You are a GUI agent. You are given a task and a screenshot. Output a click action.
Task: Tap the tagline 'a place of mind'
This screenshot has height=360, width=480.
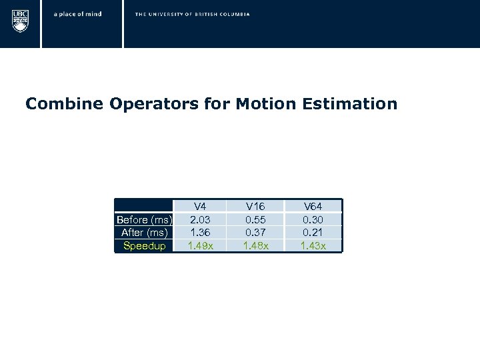pos(77,14)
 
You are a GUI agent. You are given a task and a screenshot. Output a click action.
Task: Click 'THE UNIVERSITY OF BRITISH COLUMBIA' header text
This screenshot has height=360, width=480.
pos(192,14)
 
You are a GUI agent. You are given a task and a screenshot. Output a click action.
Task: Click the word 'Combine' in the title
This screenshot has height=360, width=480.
pos(55,104)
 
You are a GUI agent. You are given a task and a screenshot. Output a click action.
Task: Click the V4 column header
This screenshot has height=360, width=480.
pos(199,207)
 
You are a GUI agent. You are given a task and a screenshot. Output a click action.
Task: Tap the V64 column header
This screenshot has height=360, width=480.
pos(313,207)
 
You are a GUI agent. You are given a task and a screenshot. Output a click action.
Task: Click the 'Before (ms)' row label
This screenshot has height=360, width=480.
pos(144,219)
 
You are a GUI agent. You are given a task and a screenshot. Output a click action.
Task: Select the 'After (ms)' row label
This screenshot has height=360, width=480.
pos(144,232)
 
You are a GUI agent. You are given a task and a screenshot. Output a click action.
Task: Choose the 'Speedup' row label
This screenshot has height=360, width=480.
pos(144,245)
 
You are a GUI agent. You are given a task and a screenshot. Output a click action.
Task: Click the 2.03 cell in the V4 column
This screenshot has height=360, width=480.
pos(199,219)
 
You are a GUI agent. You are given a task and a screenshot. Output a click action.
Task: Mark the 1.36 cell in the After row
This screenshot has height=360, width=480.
pos(199,232)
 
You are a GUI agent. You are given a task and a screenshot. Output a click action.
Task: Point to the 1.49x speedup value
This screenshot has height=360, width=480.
pos(199,245)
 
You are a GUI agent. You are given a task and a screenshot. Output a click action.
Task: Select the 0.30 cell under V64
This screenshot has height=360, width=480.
pos(313,219)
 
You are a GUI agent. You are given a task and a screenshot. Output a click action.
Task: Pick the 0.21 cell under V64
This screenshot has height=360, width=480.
pos(313,232)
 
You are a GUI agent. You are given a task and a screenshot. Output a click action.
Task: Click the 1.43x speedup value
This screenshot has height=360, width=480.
pos(313,245)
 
